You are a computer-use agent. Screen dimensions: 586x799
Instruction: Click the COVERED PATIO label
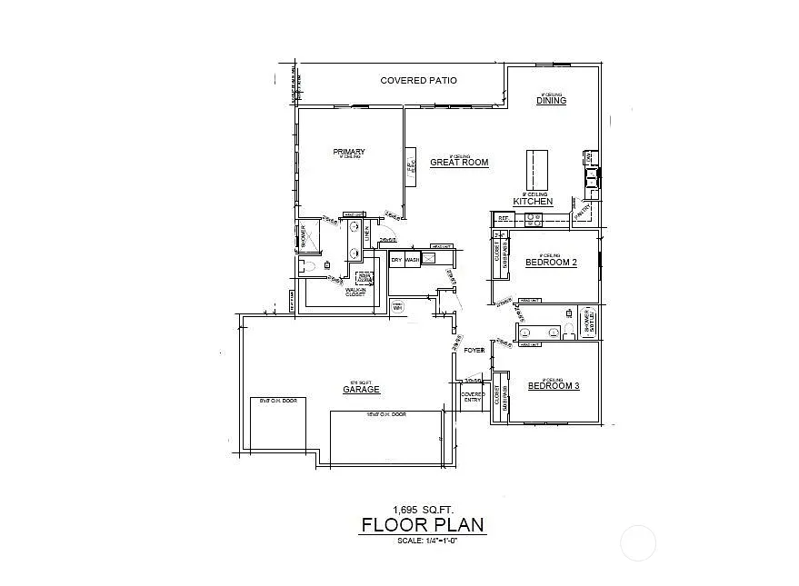pyautogui.click(x=418, y=81)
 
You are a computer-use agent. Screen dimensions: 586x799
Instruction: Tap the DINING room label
pyautogui.click(x=551, y=101)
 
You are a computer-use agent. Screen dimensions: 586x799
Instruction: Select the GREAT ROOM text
pyautogui.click(x=459, y=163)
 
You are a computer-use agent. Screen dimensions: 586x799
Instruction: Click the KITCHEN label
pyautogui.click(x=533, y=201)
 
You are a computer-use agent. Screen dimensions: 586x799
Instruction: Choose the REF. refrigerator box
pyautogui.click(x=502, y=219)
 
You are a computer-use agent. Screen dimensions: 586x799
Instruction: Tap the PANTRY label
pyautogui.click(x=582, y=211)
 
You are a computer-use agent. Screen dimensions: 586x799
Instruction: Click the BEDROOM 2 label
pyautogui.click(x=551, y=263)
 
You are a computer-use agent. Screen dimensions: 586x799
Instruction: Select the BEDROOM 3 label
pyautogui.click(x=554, y=386)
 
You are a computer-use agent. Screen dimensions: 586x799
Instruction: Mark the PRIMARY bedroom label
pyautogui.click(x=349, y=152)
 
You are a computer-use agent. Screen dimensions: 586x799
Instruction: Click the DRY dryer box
pyautogui.click(x=395, y=261)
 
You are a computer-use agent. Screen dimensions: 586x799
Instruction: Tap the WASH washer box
pyautogui.click(x=412, y=261)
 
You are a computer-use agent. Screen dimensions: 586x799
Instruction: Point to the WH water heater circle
pyautogui.click(x=397, y=308)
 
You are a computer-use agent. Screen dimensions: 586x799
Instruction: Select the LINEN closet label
pyautogui.click(x=367, y=234)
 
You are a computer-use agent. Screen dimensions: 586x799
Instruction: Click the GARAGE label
pyautogui.click(x=361, y=390)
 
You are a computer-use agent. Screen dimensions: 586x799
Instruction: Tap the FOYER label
pyautogui.click(x=474, y=350)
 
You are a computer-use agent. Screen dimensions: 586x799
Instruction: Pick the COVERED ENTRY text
pyautogui.click(x=473, y=397)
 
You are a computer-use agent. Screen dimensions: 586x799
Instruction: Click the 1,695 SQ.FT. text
pyautogui.click(x=423, y=509)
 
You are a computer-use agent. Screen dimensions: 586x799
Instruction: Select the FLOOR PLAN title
pyautogui.click(x=423, y=525)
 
